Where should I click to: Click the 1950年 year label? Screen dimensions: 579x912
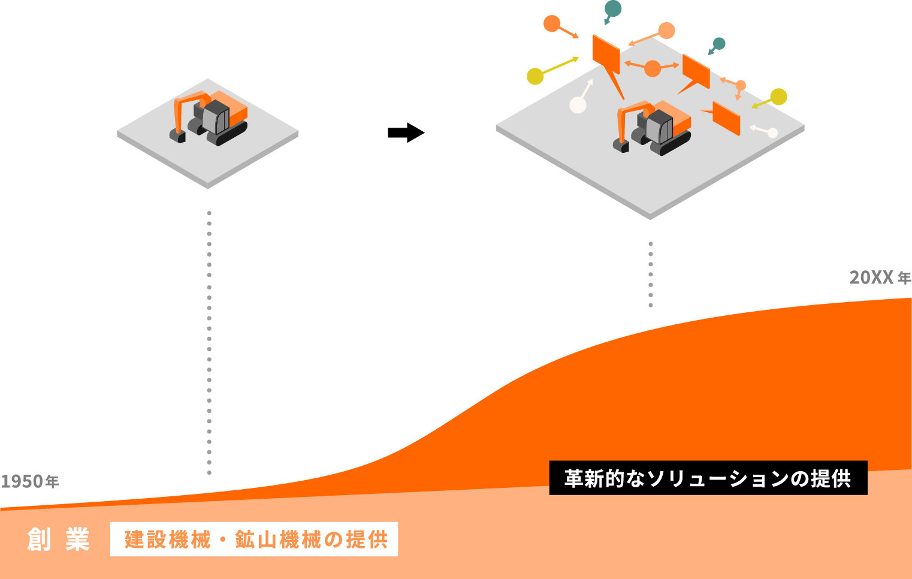pos(30,481)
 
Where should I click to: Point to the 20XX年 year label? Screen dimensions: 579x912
pos(880,278)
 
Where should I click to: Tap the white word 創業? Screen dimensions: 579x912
pos(58,539)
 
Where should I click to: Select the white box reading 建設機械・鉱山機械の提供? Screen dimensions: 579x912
pos(254,539)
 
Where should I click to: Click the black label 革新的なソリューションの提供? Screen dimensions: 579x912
pos(708,478)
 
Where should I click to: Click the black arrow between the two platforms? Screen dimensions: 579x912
pos(406,132)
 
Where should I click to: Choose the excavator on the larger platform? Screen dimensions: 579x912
pos(653,127)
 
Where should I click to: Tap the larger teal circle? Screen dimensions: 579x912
pos(613,8)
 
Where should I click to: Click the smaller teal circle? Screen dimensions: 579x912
pos(719,44)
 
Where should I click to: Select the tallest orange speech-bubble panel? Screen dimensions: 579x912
pos(606,55)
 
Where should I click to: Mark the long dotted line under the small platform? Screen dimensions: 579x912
pos(209,342)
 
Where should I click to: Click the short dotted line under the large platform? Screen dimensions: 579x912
pos(651,275)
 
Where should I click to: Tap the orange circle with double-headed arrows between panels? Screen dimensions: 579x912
pos(653,68)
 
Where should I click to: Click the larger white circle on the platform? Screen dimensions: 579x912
pos(578,105)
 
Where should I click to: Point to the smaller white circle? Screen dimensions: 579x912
pos(772,132)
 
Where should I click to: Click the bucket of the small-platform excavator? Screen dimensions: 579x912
pos(177,136)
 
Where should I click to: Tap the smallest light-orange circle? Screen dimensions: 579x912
pos(741,85)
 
